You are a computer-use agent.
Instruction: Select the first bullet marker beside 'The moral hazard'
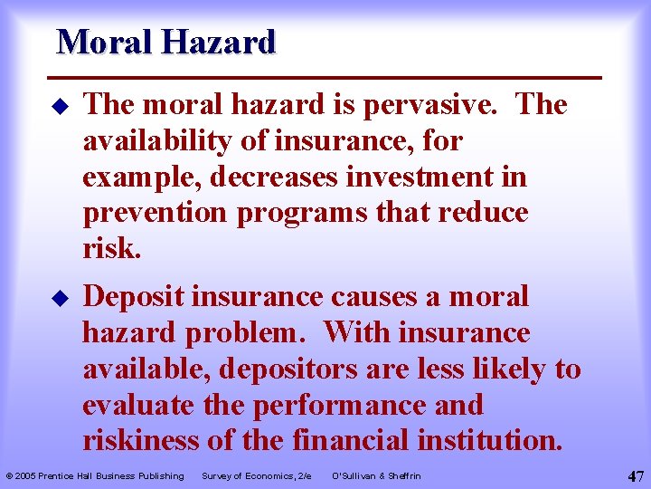coord(61,107)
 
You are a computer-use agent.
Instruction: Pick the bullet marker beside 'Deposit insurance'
coord(61,298)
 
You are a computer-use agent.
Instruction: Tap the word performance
coord(341,405)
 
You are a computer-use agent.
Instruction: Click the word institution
coord(489,440)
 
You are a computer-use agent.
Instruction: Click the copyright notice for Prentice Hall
coord(95,475)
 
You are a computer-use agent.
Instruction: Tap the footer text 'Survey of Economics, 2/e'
coord(257,475)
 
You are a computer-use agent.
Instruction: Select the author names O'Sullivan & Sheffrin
coord(376,475)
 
